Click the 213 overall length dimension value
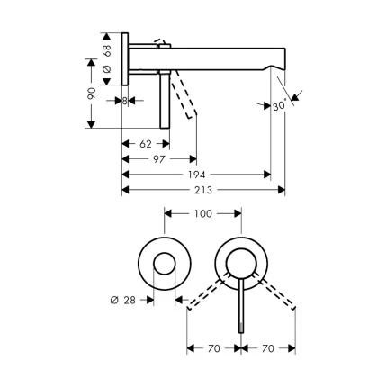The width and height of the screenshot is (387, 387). coord(203,191)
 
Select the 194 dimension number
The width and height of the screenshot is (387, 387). coord(196,175)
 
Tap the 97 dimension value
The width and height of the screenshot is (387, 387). coord(158,159)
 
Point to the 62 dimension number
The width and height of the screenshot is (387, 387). coord(146,144)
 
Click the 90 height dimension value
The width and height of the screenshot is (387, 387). coord(91,94)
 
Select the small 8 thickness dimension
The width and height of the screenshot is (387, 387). coord(125,100)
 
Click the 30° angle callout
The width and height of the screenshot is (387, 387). coord(280,105)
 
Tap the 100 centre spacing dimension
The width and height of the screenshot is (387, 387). coord(202,214)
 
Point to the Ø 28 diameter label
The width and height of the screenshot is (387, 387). coord(124,301)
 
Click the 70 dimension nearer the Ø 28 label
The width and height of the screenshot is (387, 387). coord(214,347)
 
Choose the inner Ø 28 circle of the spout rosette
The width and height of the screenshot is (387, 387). coord(164,264)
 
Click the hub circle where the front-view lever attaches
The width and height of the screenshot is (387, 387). coord(240,264)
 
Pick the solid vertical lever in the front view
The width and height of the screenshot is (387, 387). coord(240,306)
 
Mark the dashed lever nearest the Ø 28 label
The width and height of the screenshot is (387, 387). coord(204,295)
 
